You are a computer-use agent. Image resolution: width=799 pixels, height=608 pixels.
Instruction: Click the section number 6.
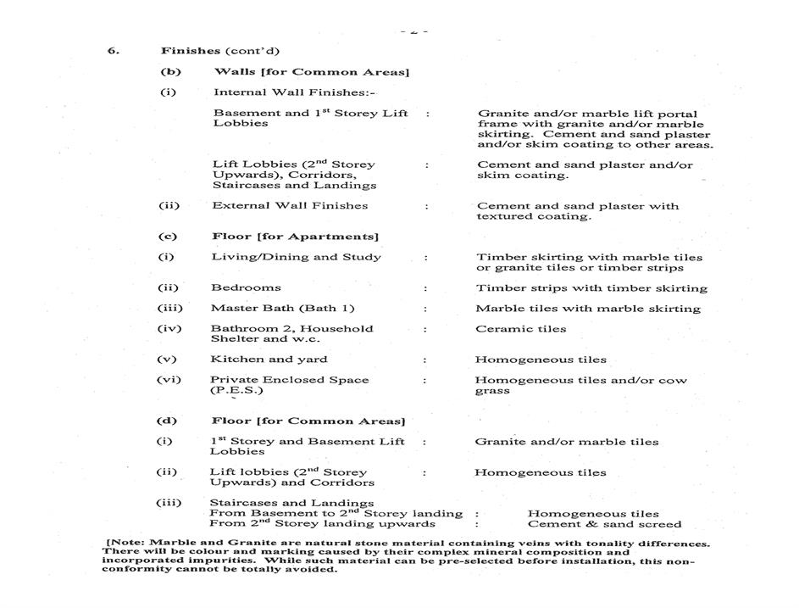click(112, 50)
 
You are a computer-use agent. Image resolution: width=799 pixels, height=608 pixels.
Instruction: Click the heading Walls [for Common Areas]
click(311, 72)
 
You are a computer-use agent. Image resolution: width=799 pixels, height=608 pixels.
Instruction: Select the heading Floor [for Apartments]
click(295, 236)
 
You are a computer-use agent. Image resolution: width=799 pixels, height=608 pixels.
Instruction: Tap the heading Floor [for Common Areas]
click(308, 421)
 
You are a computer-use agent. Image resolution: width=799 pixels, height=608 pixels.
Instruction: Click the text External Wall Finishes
click(290, 205)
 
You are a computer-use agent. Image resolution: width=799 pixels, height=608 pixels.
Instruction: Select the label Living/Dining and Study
click(296, 257)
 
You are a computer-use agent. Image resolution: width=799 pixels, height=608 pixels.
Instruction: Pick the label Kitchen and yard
click(269, 359)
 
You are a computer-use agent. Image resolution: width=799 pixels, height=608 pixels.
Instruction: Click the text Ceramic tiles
click(520, 328)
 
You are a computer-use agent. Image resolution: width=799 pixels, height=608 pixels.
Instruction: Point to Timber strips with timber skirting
click(591, 287)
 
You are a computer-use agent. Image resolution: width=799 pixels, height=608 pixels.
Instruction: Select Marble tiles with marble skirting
click(588, 308)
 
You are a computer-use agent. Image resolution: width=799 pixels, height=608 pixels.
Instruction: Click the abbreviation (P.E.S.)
click(236, 390)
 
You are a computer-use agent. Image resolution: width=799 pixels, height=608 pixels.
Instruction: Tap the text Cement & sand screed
click(604, 523)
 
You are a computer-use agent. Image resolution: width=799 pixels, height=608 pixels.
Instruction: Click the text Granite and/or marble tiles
click(566, 441)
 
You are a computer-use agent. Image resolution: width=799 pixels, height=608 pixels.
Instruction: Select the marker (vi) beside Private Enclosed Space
click(169, 379)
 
